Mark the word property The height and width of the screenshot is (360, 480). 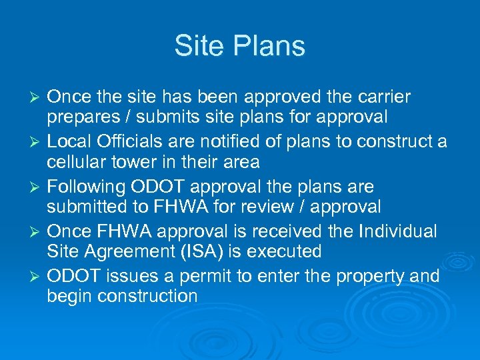click(x=363, y=276)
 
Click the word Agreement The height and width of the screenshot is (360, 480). click(x=127, y=251)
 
